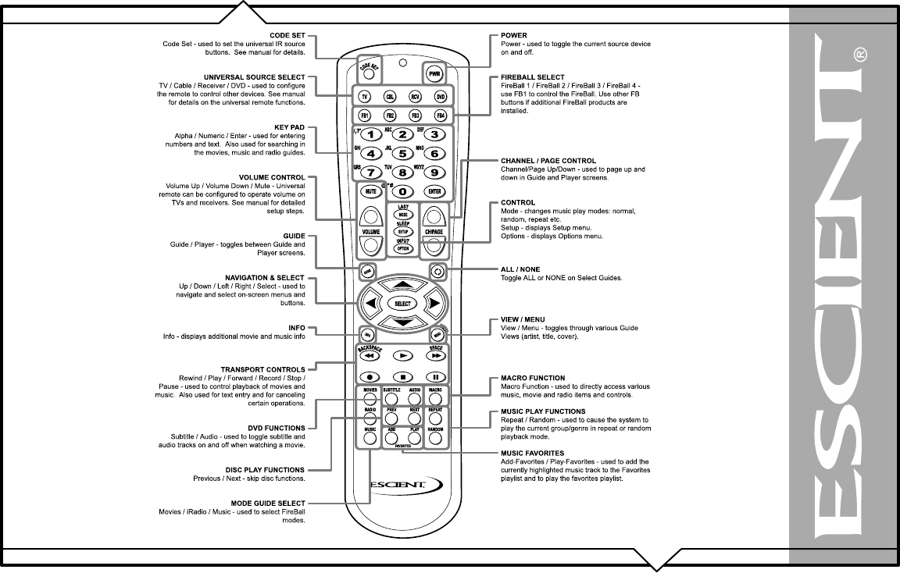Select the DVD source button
click(x=440, y=96)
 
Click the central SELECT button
click(x=402, y=303)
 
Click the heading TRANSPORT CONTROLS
click(x=268, y=368)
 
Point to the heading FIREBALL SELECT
click(x=531, y=78)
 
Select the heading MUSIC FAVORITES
click(x=532, y=453)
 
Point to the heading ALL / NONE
click(x=521, y=269)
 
